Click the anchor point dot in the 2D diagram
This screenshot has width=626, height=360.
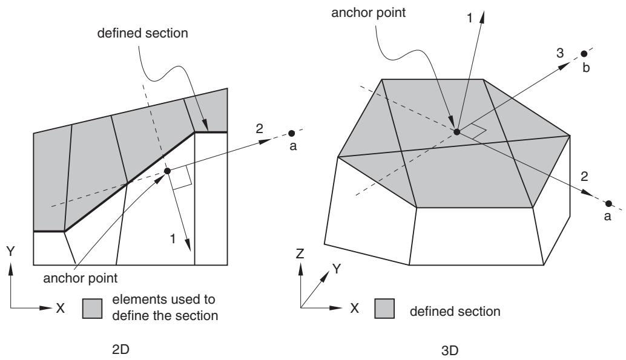coord(167,171)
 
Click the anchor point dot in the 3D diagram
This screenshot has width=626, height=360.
coord(456,131)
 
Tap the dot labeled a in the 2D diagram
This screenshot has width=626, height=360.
coord(292,133)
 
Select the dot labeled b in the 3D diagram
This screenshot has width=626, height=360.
coord(584,53)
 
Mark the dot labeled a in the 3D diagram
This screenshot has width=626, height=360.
coord(608,203)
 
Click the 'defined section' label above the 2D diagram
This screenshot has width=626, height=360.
coord(142,33)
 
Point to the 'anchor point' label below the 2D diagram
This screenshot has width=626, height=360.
coord(81,278)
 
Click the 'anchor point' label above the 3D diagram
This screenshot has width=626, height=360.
coord(369,13)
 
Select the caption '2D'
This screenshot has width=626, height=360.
coord(120,349)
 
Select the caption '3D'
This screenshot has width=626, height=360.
coord(450,351)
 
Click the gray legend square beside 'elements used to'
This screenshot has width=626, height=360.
coord(92,309)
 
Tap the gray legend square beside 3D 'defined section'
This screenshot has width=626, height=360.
coord(384,309)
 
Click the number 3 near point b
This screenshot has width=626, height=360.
coord(560,53)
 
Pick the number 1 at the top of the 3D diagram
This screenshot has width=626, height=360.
coord(470,18)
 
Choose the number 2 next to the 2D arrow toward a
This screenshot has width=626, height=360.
coord(260,128)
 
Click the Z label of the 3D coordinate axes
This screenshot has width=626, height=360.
coord(300,254)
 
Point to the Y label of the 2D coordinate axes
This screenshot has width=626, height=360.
coord(10,251)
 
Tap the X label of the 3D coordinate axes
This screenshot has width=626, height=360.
coord(355,308)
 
